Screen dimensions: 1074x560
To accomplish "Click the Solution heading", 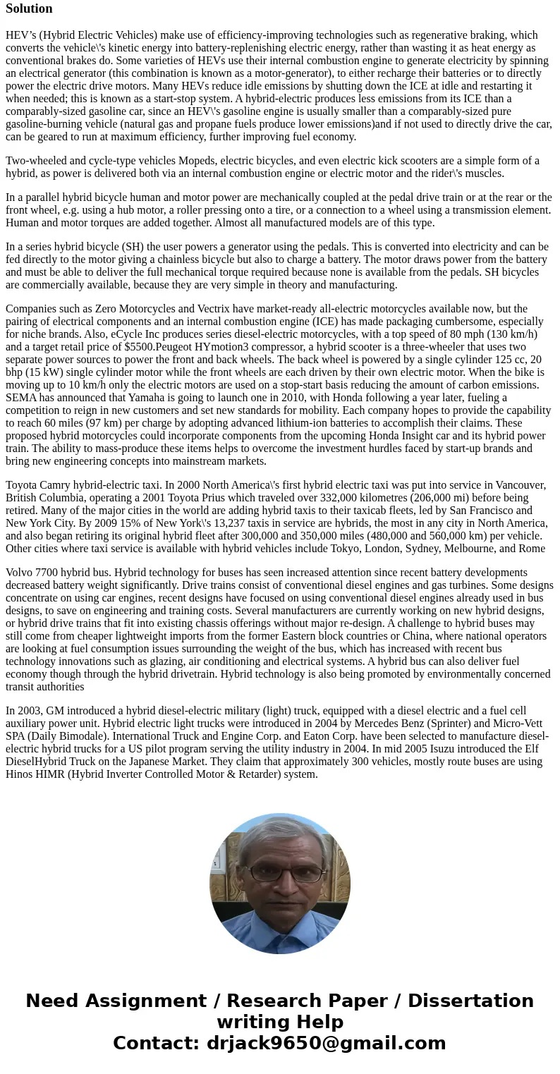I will (29, 8).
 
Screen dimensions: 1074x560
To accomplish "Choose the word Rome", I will (530, 548).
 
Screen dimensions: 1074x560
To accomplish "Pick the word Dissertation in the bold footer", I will (470, 1001).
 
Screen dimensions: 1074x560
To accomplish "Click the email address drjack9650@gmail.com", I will (326, 1043).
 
